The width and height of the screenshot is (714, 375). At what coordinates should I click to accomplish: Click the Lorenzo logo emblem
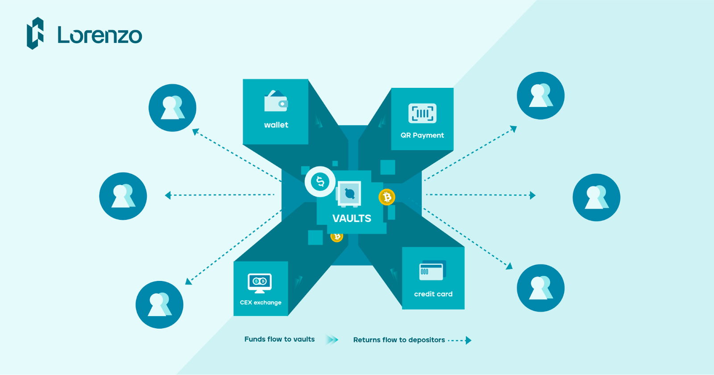tap(35, 33)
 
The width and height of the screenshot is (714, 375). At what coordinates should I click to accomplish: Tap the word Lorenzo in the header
tap(100, 35)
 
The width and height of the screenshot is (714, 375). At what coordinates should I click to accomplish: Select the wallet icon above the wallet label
tap(276, 102)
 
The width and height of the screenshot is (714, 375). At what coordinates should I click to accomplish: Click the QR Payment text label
tap(422, 135)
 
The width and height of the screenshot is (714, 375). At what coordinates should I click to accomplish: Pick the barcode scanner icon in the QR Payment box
tap(422, 113)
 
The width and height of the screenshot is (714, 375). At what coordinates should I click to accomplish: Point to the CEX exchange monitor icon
tap(260, 283)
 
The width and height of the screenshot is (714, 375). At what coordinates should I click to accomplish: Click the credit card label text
tap(433, 294)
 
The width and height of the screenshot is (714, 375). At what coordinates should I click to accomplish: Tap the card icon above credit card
tap(432, 271)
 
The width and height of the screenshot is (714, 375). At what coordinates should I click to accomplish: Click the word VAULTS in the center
tap(352, 218)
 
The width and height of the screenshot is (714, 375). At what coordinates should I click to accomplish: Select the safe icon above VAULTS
tap(349, 194)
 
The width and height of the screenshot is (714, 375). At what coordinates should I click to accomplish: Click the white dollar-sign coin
tap(320, 181)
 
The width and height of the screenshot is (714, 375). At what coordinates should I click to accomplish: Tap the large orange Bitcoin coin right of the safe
tap(387, 197)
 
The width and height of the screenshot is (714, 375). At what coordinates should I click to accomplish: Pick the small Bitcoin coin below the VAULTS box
tap(337, 237)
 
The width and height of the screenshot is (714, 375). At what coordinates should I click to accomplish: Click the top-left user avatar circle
tap(172, 107)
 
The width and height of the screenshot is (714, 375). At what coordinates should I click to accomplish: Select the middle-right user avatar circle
tap(596, 197)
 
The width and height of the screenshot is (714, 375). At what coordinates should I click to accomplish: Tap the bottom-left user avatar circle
tap(159, 305)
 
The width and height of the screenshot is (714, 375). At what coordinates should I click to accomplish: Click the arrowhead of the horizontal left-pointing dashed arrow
tap(168, 195)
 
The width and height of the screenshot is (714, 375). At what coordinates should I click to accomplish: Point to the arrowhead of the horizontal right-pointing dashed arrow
tap(532, 195)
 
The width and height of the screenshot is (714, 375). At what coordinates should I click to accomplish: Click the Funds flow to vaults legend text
tap(279, 339)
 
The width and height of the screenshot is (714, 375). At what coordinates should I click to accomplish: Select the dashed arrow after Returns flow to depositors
tap(460, 340)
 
